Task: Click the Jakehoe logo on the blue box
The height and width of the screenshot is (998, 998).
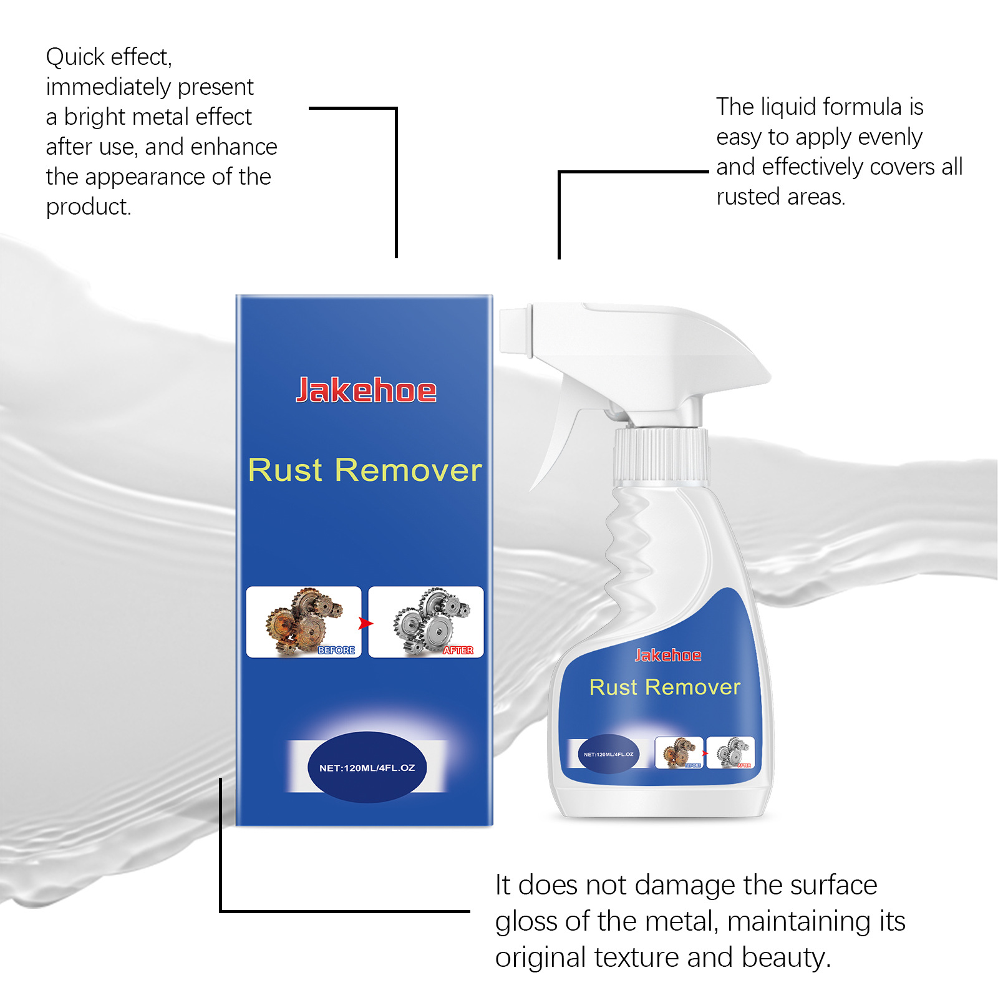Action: (x=366, y=390)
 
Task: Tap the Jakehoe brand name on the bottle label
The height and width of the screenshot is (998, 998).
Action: (x=667, y=655)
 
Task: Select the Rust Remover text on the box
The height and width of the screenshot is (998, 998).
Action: (x=365, y=470)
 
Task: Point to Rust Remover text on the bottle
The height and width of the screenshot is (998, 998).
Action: (x=664, y=687)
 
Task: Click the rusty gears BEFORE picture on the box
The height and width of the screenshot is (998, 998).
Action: (x=304, y=622)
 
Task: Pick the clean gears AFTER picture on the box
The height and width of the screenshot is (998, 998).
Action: (x=426, y=622)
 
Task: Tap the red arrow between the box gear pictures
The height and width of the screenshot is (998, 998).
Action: (x=366, y=623)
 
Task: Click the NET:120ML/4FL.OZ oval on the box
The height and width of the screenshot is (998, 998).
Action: (x=367, y=767)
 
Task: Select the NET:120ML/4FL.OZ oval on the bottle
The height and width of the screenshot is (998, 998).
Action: (x=608, y=754)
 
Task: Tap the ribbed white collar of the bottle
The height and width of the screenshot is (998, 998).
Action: (x=661, y=455)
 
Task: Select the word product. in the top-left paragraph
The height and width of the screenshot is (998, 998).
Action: (x=89, y=207)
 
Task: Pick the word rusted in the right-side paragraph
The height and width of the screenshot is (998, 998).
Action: (x=748, y=197)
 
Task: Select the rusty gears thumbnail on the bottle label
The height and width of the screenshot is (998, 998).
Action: (x=679, y=752)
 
